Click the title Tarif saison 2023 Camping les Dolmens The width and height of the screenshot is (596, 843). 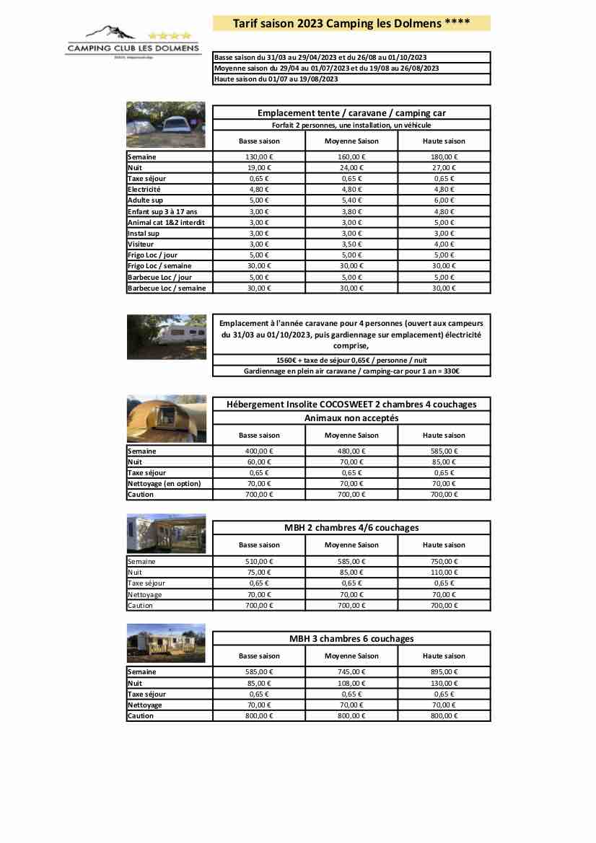tap(351, 24)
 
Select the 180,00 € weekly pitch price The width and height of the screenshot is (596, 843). tap(444, 156)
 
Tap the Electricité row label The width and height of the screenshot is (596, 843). tap(144, 189)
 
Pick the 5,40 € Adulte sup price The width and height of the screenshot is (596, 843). tap(351, 200)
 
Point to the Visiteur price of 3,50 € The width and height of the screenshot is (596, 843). tap(351, 244)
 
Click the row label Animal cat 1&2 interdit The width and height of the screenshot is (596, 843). tap(166, 222)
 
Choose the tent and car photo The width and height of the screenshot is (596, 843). tap(166, 125)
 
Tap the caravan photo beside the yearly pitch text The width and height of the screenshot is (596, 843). tap(166, 337)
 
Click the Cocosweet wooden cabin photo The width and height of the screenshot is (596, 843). tap(166, 419)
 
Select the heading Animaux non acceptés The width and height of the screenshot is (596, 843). tap(351, 418)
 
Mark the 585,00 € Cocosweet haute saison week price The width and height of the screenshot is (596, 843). tap(444, 451)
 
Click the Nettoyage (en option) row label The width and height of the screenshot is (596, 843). tap(164, 483)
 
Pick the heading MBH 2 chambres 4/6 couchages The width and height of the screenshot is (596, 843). tap(351, 528)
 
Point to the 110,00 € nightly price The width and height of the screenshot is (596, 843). tap(444, 573)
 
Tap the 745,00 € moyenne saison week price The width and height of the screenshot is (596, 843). tap(351, 672)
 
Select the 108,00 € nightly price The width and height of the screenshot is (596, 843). tap(351, 683)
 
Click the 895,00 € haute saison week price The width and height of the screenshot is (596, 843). tap(444, 672)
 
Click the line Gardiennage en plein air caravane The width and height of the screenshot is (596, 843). tap(351, 371)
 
